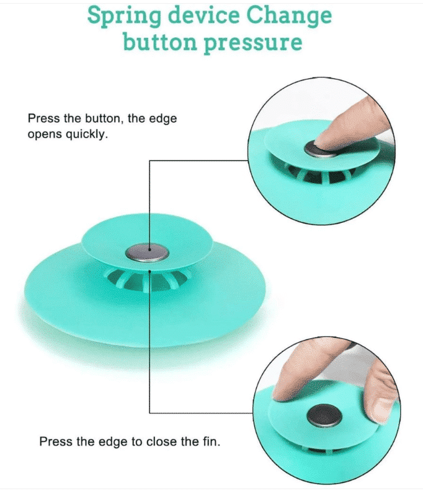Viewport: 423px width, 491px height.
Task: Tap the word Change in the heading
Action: [289, 16]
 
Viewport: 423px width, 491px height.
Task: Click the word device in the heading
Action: [203, 15]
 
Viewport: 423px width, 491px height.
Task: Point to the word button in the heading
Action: [159, 41]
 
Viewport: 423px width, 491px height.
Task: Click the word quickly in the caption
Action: [86, 134]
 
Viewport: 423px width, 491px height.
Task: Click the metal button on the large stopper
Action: [147, 253]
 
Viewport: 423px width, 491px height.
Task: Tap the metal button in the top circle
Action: [319, 149]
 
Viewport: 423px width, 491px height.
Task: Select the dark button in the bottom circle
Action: [324, 416]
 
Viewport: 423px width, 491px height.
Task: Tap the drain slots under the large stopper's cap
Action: [148, 280]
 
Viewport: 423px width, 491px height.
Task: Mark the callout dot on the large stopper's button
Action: [149, 250]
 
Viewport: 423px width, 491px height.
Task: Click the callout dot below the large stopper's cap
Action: [150, 271]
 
